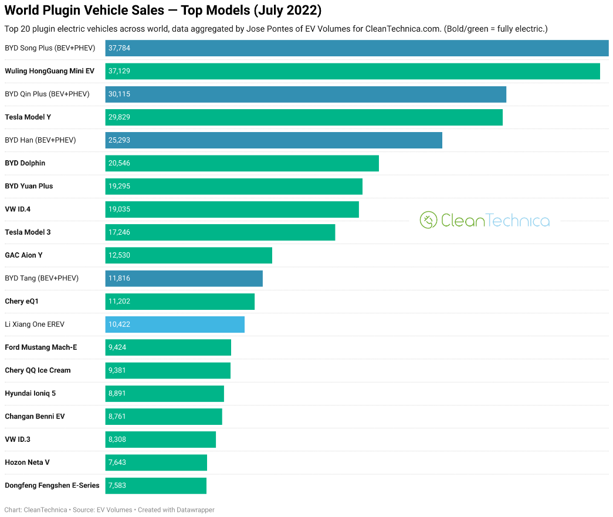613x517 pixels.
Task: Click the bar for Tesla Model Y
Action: click(x=304, y=117)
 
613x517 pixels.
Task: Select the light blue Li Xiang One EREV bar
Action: click(x=175, y=325)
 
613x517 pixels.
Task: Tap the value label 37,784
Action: click(x=119, y=48)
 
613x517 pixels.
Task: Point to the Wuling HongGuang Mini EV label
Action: click(x=49, y=71)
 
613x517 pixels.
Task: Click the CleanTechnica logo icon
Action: click(x=429, y=220)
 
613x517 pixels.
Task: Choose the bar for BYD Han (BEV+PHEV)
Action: click(x=273, y=140)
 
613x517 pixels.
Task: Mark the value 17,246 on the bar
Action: click(x=119, y=232)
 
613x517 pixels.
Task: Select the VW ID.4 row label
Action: click(x=17, y=209)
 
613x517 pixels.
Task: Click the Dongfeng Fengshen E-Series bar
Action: click(x=156, y=486)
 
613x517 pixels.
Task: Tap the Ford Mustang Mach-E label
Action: click(x=41, y=347)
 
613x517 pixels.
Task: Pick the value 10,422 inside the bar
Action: click(x=119, y=325)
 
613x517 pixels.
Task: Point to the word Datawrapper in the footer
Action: click(x=195, y=510)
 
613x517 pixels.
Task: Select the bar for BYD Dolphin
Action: click(x=242, y=163)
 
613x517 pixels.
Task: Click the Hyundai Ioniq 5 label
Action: click(x=30, y=393)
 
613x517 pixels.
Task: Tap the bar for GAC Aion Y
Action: click(x=188, y=255)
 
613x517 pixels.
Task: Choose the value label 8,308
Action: click(x=117, y=440)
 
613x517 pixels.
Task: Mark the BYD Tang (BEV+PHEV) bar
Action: click(x=184, y=278)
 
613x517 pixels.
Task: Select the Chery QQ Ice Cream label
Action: click(x=38, y=370)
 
